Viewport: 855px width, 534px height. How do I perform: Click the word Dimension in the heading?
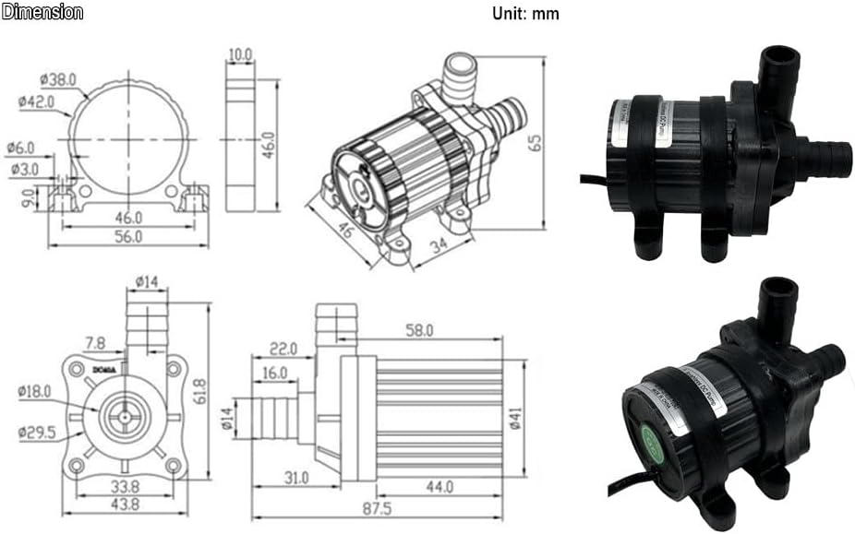click(x=42, y=12)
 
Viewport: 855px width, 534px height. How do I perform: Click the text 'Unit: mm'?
click(x=526, y=14)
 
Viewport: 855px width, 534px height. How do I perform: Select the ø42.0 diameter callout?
click(x=36, y=102)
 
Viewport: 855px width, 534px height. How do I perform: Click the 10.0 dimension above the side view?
click(x=242, y=55)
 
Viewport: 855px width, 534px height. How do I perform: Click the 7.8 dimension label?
click(x=93, y=343)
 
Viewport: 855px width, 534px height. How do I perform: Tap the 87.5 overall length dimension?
click(x=380, y=508)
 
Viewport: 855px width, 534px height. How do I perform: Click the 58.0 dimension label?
click(x=424, y=329)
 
